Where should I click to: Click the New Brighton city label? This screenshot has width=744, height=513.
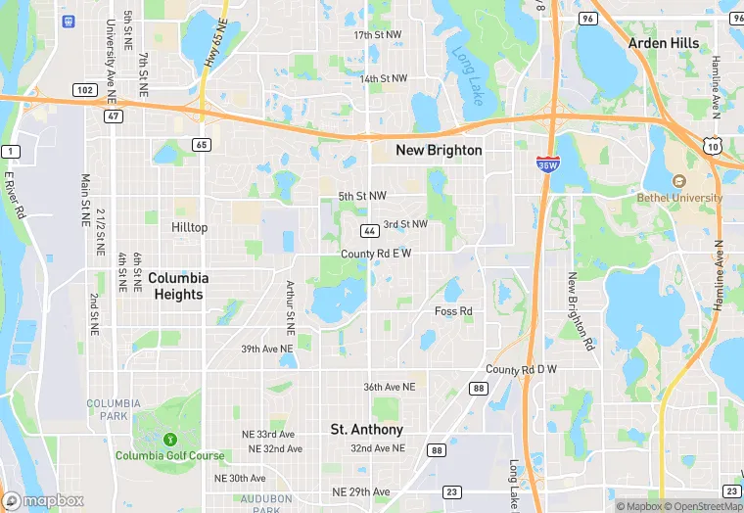coord(439,150)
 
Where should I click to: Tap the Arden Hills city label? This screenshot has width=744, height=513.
coord(663,43)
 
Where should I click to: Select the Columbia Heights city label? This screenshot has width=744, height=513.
coord(178,286)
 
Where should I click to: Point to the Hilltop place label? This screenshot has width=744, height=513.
coord(190,227)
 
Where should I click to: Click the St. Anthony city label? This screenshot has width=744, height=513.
coord(366,430)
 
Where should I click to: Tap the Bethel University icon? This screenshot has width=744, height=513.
coord(678,181)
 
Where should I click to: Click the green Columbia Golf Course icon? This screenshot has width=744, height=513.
coord(170,439)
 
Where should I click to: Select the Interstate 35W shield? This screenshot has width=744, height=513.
coord(548,163)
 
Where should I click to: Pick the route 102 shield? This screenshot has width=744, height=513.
coord(85,90)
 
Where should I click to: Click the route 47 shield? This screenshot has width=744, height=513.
coord(115,116)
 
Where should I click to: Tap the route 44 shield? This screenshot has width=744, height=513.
coord(369,231)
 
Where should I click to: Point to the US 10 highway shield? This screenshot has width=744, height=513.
coord(713,144)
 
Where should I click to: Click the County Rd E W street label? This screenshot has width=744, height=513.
coord(376,254)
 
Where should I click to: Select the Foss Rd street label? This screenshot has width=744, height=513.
coord(453,311)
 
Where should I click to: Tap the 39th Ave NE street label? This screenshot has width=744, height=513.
coord(267,349)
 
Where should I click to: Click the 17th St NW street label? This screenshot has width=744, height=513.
coord(378,34)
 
